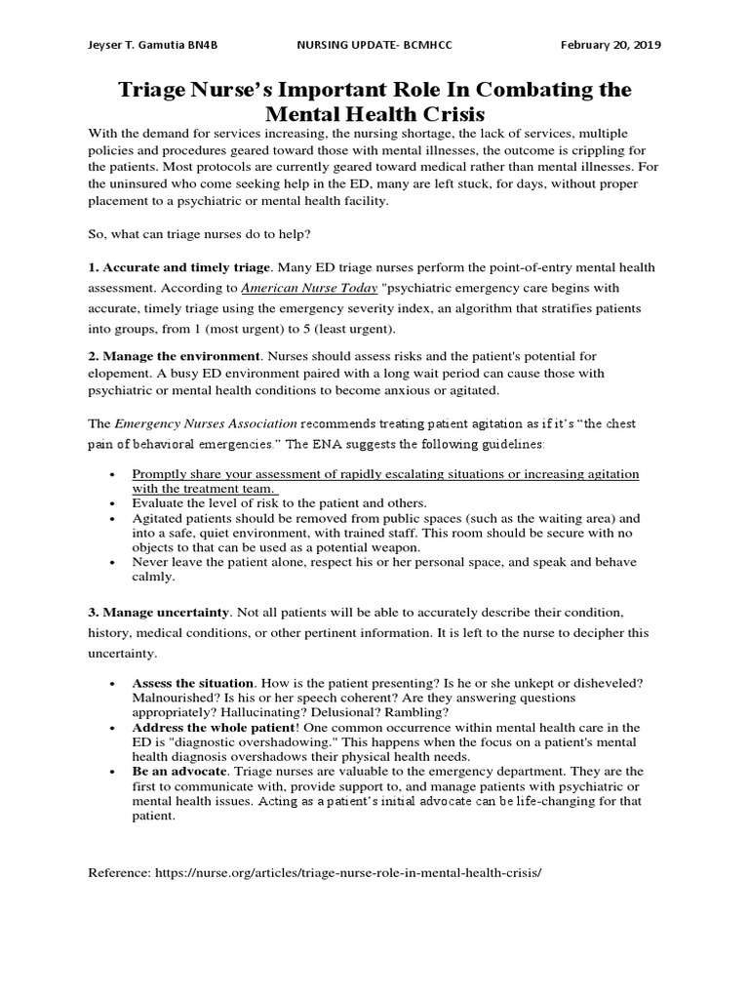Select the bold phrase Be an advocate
tap(177, 772)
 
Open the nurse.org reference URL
tap(347, 871)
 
